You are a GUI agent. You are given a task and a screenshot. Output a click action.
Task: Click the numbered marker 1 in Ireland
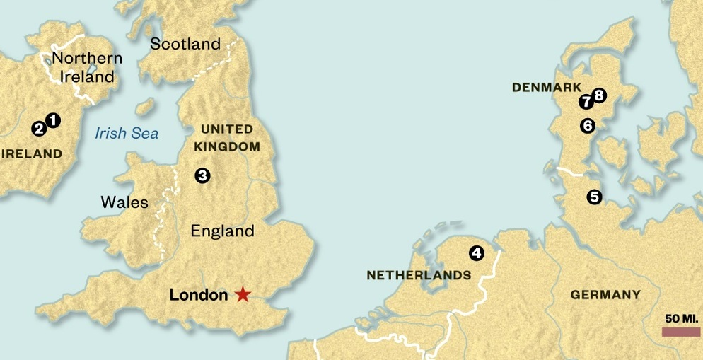click(52, 121)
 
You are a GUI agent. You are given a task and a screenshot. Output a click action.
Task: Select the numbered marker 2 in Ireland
click(39, 129)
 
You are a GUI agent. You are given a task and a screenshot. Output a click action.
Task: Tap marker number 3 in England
click(203, 175)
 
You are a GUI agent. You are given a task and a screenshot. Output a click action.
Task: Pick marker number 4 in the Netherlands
click(477, 252)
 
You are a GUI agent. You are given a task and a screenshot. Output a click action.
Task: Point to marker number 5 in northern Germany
click(594, 197)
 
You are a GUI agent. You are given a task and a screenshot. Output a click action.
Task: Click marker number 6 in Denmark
click(587, 126)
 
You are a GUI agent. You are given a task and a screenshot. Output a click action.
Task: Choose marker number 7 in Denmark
click(586, 102)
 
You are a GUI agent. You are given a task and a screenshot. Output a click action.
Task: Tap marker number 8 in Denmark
click(599, 95)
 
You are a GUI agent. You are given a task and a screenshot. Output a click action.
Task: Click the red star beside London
click(243, 295)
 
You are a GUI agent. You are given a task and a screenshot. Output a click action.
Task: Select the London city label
click(199, 295)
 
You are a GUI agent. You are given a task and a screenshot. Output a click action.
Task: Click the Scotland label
click(185, 44)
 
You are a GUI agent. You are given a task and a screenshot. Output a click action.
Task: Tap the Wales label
click(124, 202)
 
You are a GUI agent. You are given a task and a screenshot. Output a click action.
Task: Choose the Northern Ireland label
click(86, 67)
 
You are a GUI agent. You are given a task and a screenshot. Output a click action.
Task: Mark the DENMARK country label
click(541, 88)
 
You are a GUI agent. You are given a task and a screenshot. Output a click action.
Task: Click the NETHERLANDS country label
click(419, 275)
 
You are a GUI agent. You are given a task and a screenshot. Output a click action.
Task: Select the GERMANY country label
click(605, 295)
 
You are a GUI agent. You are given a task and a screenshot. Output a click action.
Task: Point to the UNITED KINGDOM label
click(226, 137)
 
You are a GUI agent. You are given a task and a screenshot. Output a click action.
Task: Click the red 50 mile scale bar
click(681, 332)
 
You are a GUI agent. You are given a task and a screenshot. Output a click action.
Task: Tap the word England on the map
click(222, 231)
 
